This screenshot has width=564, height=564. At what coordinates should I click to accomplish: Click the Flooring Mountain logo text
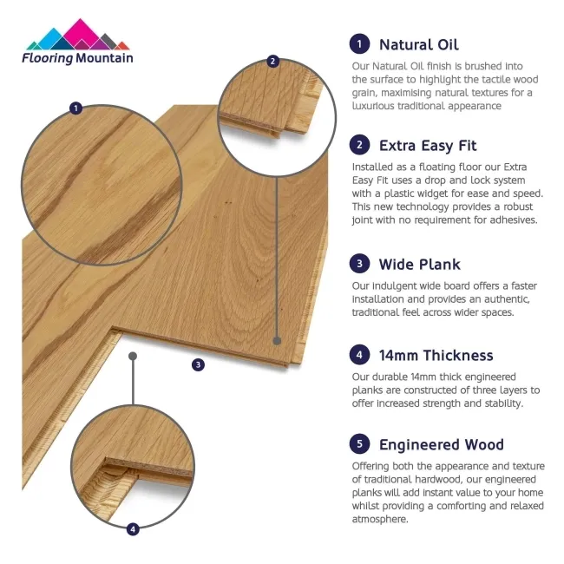click(78, 58)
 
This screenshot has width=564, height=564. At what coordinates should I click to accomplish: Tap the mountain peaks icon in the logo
click(77, 36)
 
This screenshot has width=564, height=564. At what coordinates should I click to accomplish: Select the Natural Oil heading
click(418, 44)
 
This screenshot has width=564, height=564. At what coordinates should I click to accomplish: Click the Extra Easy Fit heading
click(427, 145)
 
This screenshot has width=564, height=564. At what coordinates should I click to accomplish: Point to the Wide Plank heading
click(419, 264)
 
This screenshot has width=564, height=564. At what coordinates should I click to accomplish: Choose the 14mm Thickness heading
click(436, 355)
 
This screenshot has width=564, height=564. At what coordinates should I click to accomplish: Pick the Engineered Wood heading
click(441, 445)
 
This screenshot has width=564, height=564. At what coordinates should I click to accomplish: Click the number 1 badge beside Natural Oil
click(358, 44)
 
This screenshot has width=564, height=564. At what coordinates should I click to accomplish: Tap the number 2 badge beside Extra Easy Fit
click(358, 145)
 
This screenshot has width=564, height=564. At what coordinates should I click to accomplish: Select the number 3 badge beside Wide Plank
click(358, 264)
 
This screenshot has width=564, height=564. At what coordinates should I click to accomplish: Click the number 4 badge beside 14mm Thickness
click(358, 355)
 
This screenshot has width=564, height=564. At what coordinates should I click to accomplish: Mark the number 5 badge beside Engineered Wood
click(358, 445)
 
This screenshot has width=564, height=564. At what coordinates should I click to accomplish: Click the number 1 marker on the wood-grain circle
click(76, 108)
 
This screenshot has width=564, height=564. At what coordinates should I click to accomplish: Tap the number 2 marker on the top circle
click(273, 61)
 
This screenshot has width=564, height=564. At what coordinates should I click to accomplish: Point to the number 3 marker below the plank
click(198, 364)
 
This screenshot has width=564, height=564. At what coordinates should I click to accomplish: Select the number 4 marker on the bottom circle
click(133, 528)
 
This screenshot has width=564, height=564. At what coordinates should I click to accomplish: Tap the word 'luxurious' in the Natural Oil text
click(374, 106)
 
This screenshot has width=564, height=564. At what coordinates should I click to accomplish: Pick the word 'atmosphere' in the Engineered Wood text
click(380, 519)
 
